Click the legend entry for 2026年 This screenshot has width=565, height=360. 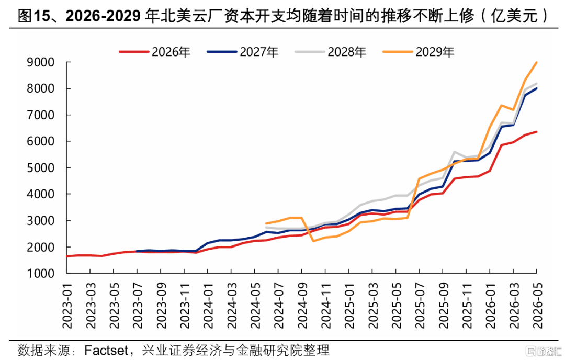coord(155,52)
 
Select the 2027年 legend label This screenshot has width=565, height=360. coord(243,52)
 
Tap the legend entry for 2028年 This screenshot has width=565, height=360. coord(331,52)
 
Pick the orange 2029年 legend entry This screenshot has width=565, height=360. coord(419,52)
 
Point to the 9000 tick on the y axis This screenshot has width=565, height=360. coord(41,62)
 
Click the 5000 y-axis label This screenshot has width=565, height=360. coord(41,168)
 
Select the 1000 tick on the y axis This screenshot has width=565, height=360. coord(41,274)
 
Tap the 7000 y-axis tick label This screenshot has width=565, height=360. coord(41,115)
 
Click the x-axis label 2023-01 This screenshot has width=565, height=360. coord(67,305)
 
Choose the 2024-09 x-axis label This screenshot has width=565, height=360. coord(302,305)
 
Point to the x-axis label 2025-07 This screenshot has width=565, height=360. coord(420,305)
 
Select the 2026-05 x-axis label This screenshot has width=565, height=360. coord(537,305)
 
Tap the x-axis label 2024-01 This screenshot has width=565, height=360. coord(208,305)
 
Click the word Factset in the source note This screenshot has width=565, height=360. coord(106,350)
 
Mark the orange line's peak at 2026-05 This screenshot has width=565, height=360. coord(537,62)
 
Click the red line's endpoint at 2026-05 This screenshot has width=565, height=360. coord(537,131)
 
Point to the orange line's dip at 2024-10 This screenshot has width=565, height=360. coord(313,241)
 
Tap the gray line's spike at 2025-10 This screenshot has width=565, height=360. coord(455,152)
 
